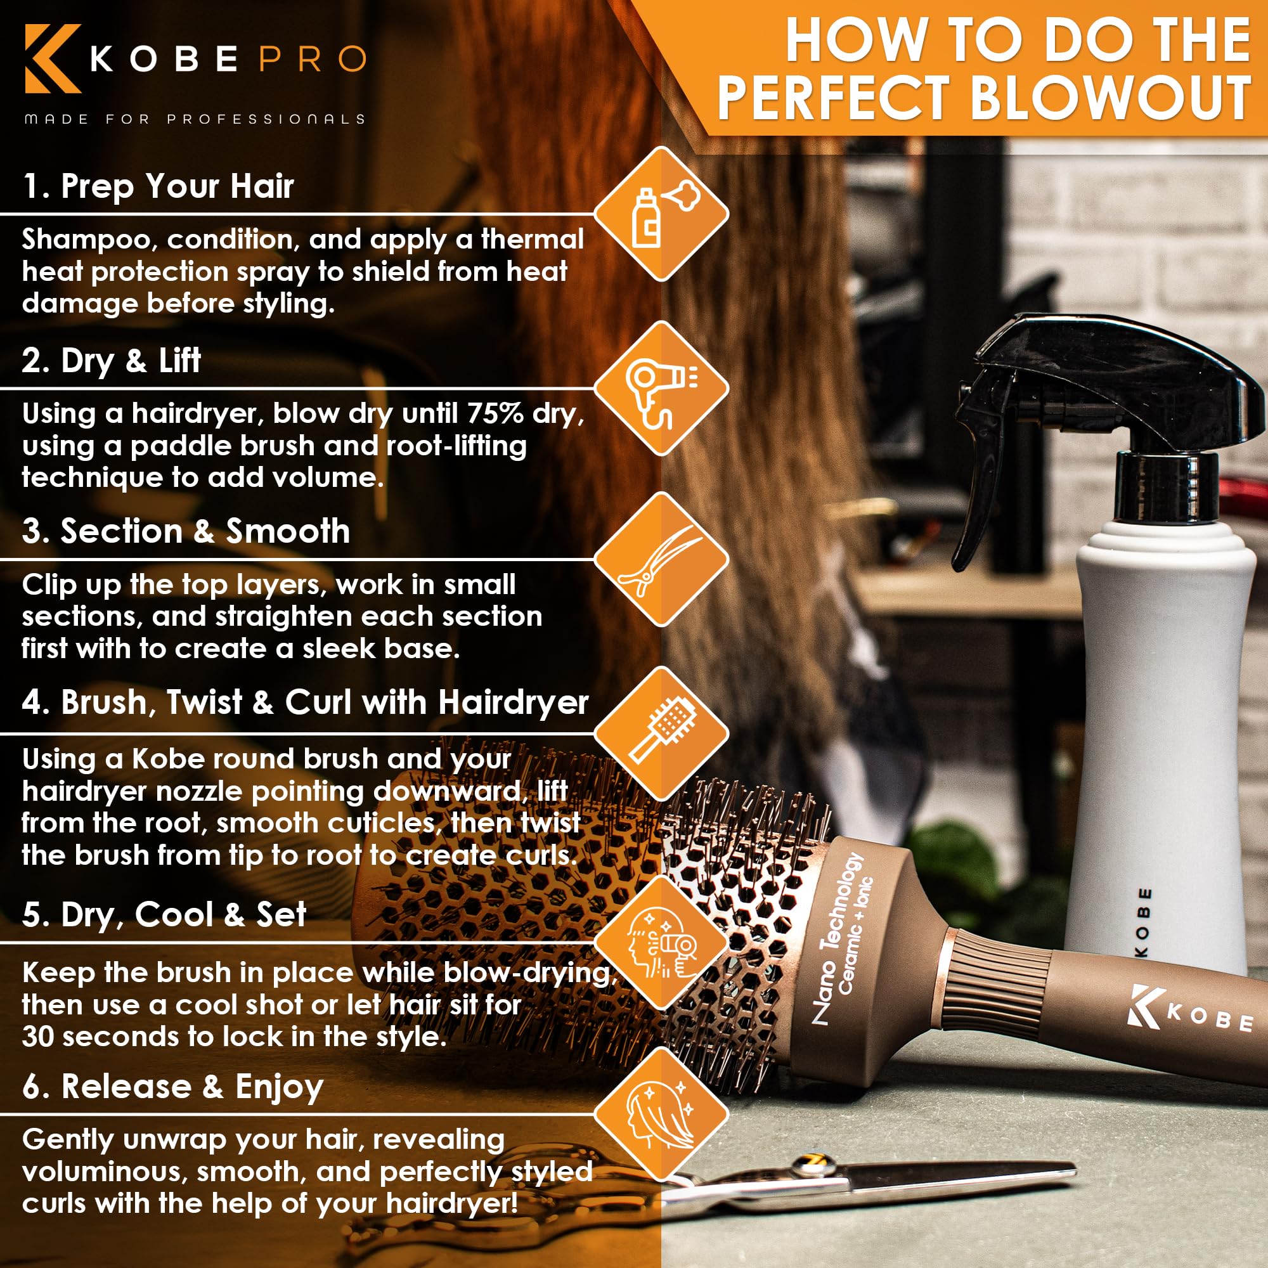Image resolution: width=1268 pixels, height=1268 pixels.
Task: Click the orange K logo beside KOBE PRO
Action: [x=53, y=58]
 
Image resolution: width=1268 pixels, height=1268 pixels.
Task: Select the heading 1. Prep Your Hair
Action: [x=157, y=186]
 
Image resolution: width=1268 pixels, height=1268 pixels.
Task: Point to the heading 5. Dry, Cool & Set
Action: [x=164, y=915]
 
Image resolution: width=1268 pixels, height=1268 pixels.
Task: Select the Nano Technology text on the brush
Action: [x=836, y=939]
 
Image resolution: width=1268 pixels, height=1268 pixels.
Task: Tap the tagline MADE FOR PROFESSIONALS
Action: [x=194, y=119]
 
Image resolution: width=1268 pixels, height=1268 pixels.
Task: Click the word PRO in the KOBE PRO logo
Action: [x=313, y=59]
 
